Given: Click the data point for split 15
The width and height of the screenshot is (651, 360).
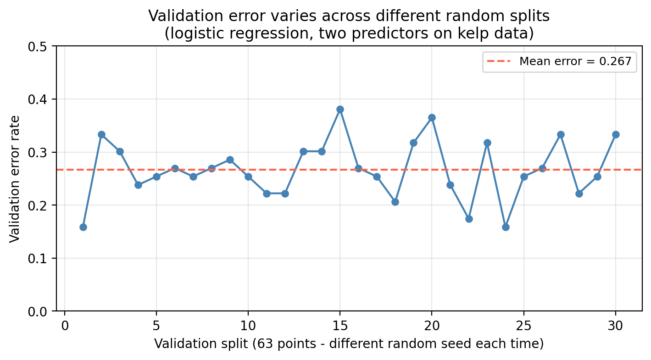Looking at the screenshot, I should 340,109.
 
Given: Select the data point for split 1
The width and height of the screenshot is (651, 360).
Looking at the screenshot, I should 83,227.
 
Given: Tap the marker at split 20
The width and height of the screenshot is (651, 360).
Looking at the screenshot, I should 432,117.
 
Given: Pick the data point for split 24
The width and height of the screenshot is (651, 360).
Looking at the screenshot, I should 506,227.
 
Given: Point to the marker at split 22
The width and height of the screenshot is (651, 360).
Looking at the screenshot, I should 469,219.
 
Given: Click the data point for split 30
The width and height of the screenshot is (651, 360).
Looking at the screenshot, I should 616,134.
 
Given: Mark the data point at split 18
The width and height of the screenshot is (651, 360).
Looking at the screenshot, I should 395,202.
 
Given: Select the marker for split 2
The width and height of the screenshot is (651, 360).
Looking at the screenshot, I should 101,134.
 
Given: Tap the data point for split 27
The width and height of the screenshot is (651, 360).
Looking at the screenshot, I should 561,134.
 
